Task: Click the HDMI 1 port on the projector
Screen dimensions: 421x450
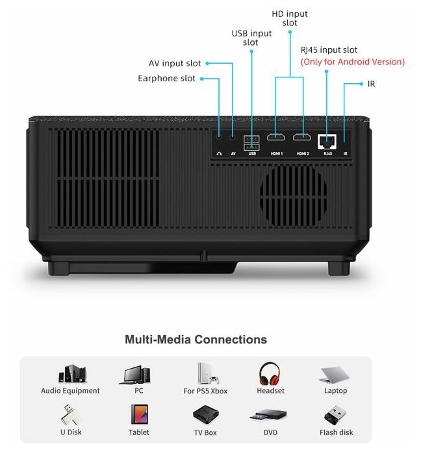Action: pos(275,138)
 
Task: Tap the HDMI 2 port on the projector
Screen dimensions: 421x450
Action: pos(302,138)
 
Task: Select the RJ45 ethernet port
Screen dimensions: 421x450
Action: pos(327,139)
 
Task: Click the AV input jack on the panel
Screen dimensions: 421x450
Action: pos(233,138)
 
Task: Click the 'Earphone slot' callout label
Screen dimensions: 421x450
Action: pos(166,79)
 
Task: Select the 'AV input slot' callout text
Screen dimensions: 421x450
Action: pos(175,64)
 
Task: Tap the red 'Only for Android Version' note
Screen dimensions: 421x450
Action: pos(352,62)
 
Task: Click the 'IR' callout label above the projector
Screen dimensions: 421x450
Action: pos(371,84)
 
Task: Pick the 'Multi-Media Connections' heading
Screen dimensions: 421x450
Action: pos(196,339)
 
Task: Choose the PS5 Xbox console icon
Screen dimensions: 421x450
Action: pos(205,373)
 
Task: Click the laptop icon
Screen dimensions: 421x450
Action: pos(335,375)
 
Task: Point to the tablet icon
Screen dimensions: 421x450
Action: pos(139,415)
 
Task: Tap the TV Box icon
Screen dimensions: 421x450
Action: pos(205,415)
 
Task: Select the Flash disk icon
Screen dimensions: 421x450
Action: pos(335,415)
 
